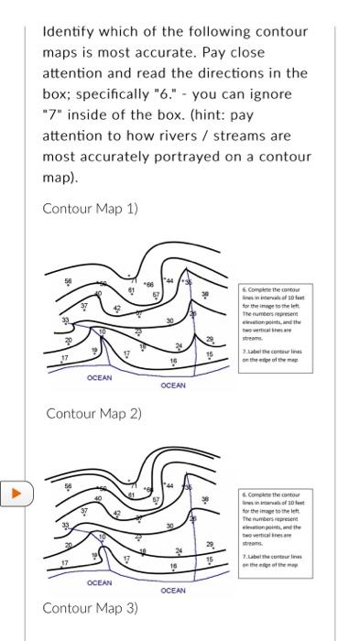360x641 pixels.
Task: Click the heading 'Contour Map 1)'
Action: pos(90,208)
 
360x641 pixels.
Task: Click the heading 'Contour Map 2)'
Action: pos(93,413)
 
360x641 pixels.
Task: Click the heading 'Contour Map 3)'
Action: pos(90,608)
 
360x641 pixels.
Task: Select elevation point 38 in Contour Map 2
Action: pos(205,500)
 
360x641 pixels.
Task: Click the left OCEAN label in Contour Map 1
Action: pos(99,377)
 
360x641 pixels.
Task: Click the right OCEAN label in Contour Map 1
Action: pos(172,386)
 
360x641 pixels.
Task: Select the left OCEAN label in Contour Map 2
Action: pos(99,582)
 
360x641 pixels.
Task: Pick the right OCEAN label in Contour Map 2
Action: pos(172,591)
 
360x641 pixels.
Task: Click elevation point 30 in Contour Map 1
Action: pos(170,320)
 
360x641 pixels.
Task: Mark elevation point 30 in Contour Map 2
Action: pos(170,526)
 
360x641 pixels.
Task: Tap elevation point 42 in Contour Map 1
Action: pos(116,309)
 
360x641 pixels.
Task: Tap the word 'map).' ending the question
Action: pos(62,177)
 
